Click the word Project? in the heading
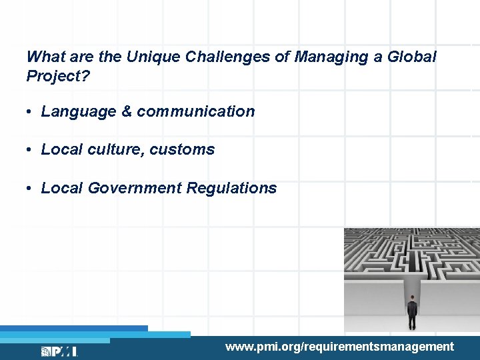click(58, 76)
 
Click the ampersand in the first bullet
click(127, 112)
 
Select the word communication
click(196, 112)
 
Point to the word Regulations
click(231, 188)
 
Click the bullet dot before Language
click(31, 112)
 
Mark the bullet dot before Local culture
click(31, 150)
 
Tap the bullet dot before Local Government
click(31, 189)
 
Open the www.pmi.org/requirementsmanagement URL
click(339, 347)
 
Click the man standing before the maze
click(412, 312)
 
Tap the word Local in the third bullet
click(62, 188)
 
